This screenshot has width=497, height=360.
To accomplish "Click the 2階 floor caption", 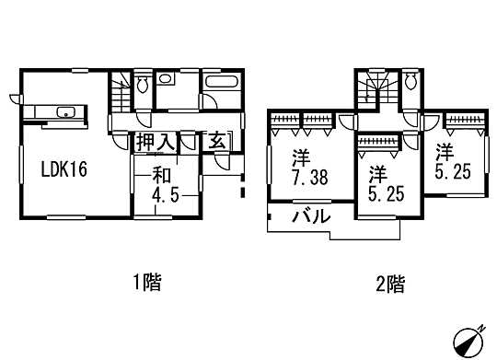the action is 389,283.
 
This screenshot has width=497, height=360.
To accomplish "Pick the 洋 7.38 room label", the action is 304,166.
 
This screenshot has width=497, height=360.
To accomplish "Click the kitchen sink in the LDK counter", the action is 65,113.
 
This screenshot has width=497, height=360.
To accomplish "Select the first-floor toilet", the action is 144,86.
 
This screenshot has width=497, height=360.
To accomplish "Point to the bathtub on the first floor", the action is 222,86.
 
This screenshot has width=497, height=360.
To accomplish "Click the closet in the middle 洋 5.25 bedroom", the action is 377,142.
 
